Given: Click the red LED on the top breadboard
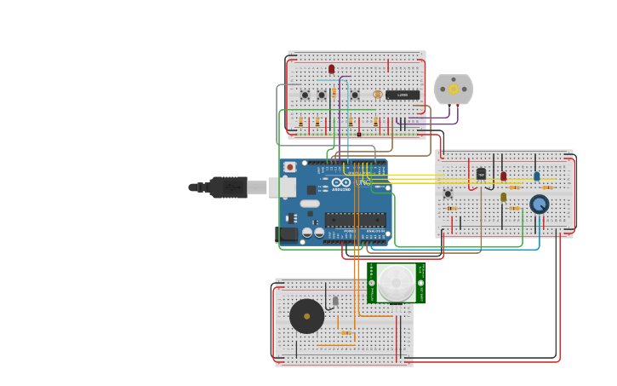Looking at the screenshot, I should [x=331, y=69].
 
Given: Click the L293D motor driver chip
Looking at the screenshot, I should [x=402, y=95].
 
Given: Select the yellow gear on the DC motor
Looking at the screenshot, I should [x=454, y=89].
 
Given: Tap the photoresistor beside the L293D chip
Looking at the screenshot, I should [x=378, y=95].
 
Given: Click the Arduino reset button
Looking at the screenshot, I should [x=289, y=167].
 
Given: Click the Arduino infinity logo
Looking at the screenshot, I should [x=341, y=181].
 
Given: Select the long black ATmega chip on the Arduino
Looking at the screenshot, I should [x=355, y=219].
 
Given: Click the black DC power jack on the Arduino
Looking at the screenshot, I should [x=288, y=233].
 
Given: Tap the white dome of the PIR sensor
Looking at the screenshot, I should [x=396, y=282].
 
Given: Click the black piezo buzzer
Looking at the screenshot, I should [x=306, y=316].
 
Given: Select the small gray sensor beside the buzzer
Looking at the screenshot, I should [x=335, y=301].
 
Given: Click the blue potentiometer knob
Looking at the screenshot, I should [x=539, y=204].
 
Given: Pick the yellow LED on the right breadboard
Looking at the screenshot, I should [x=503, y=197].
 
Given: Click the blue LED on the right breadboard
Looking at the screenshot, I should [x=536, y=176].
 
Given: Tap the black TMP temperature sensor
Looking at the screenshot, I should [x=481, y=174].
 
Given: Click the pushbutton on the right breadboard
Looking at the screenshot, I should [x=448, y=193].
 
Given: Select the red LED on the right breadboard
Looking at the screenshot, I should [x=503, y=176].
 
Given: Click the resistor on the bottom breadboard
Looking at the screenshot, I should [x=346, y=332].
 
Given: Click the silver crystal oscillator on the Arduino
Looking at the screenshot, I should [x=310, y=203].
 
